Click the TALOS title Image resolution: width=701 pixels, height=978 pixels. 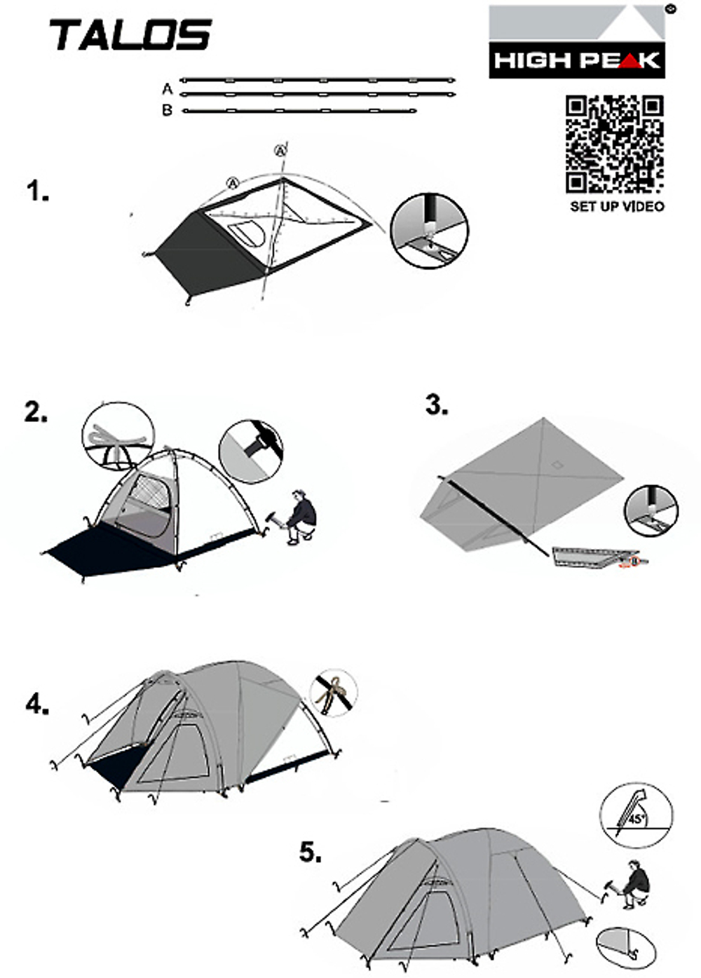[131, 34]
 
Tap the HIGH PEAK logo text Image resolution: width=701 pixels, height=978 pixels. [577, 60]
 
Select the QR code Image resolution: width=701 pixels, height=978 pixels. [615, 144]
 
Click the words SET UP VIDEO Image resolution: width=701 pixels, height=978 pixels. [617, 206]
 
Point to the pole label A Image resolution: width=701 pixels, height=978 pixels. [167, 89]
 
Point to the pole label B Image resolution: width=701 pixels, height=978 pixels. [167, 110]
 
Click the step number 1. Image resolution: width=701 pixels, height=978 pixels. [38, 191]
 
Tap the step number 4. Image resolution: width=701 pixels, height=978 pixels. [37, 704]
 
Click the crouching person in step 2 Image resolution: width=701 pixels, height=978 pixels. [296, 517]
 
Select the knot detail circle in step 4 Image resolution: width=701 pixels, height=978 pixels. [334, 693]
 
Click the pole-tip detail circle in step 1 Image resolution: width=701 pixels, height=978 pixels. [429, 231]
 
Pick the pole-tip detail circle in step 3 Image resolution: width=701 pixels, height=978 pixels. [651, 510]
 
